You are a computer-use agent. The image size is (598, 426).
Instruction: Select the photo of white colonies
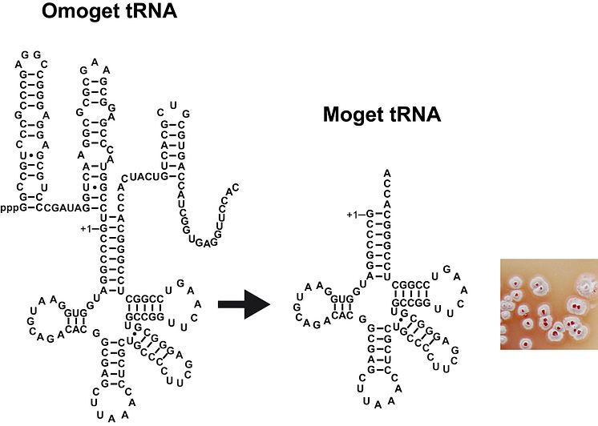point(549,303)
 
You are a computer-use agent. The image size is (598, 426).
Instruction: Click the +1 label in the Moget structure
point(353,214)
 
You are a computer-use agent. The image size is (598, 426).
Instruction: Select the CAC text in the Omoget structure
point(76,328)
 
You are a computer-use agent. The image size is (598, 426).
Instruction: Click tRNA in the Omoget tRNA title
point(156,13)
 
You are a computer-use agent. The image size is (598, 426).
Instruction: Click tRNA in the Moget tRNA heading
point(422,115)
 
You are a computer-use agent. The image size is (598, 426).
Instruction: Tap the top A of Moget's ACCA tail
point(387,172)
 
